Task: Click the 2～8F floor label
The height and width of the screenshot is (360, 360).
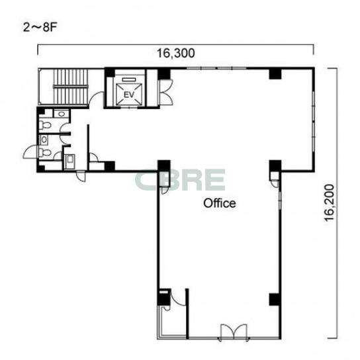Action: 40,28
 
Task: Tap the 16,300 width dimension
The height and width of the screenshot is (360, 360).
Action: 175,53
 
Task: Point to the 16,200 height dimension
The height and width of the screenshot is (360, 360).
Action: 329,202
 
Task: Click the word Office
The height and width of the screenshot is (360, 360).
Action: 220,203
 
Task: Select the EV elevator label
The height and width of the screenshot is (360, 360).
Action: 129,95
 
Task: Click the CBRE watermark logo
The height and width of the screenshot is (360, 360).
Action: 180,180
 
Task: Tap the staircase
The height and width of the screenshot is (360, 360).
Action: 71,87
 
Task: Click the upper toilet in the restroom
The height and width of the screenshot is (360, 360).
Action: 45,125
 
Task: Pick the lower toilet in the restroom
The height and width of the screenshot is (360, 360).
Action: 45,152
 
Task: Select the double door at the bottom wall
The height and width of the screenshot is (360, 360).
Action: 234,332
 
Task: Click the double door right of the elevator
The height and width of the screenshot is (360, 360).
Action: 166,92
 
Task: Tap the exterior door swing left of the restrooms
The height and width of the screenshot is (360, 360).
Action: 30,152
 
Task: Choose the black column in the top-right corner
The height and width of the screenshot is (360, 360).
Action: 275,73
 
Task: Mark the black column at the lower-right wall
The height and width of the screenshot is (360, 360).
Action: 275,299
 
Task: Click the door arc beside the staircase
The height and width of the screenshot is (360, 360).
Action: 97,99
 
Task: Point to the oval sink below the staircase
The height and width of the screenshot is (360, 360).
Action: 61,114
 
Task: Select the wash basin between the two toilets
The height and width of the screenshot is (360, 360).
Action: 44,140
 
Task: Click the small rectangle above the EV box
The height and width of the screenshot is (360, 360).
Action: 129,79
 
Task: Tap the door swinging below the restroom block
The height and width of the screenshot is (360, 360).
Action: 81,176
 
